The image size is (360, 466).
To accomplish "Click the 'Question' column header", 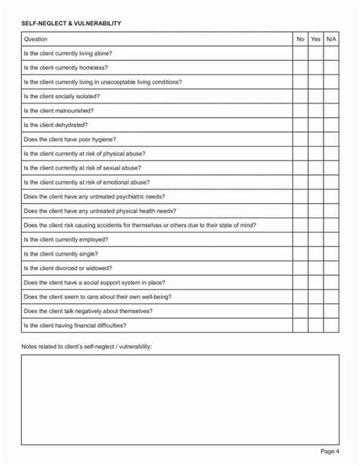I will click(36, 39).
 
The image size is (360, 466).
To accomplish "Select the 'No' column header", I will click(300, 39).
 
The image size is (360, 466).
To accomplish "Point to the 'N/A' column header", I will click(331, 39).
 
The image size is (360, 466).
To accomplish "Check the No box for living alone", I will click(300, 53).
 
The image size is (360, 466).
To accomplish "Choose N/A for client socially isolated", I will click(331, 97).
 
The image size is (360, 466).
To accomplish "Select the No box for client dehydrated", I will click(300, 125).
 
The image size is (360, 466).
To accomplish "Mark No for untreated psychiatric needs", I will click(300, 196).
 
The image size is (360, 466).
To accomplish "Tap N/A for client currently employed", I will click(331, 239).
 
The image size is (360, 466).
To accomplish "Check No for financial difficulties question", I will click(300, 325).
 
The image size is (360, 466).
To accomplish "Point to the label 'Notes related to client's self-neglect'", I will click(87, 347).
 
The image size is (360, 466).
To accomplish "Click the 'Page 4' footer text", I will click(330, 452).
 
